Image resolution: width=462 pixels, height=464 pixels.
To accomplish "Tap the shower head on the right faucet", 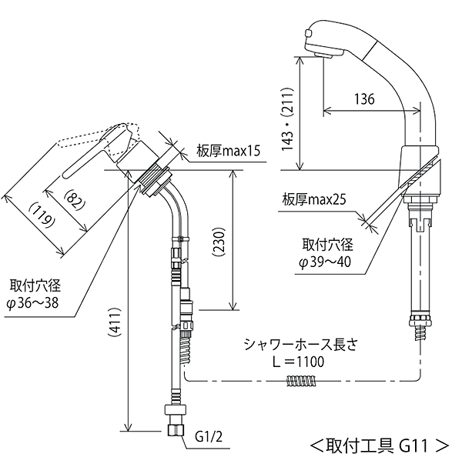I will (x=324, y=43).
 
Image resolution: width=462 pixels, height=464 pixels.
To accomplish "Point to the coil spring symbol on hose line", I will (x=300, y=381).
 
